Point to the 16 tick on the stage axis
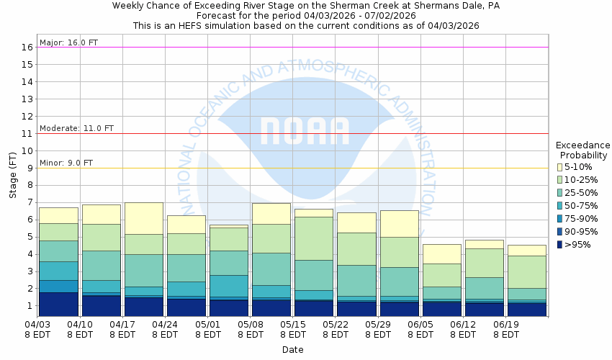tap(29, 48)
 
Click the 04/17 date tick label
tap(122, 330)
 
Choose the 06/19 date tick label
tap(506, 330)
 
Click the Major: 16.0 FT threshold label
tap(68, 42)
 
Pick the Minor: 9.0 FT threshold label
tap(66, 163)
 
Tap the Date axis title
tap(292, 350)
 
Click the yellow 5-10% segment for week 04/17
tap(143, 218)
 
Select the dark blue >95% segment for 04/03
tap(58, 304)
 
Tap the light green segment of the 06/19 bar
tap(526, 271)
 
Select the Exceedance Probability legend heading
tap(582, 150)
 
